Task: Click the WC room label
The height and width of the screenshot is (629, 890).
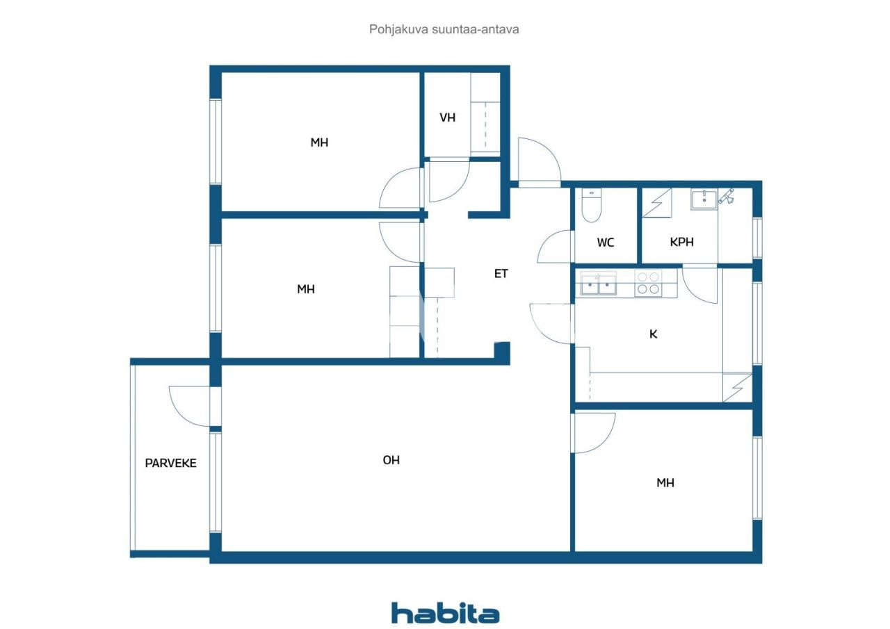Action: tap(606, 243)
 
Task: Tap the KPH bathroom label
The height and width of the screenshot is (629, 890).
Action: tap(682, 243)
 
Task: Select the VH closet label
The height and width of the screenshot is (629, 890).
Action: tap(448, 117)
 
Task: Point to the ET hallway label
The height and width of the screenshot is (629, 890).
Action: tap(501, 274)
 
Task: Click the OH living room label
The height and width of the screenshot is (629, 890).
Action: tap(391, 460)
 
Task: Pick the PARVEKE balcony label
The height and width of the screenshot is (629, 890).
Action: tap(170, 463)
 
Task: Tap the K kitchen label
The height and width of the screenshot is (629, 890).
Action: tap(653, 334)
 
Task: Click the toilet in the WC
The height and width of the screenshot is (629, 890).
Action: tap(591, 206)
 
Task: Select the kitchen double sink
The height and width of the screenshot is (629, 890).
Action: tap(599, 284)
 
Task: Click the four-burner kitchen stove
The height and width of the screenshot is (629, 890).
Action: tap(648, 284)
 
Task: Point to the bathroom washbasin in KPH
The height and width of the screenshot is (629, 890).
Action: tap(704, 199)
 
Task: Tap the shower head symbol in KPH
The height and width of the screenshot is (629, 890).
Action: tap(727, 197)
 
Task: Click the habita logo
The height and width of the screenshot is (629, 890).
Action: tap(445, 613)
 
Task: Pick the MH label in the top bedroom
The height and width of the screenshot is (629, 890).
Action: tap(320, 142)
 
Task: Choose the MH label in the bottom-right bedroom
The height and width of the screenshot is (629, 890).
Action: tap(665, 483)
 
